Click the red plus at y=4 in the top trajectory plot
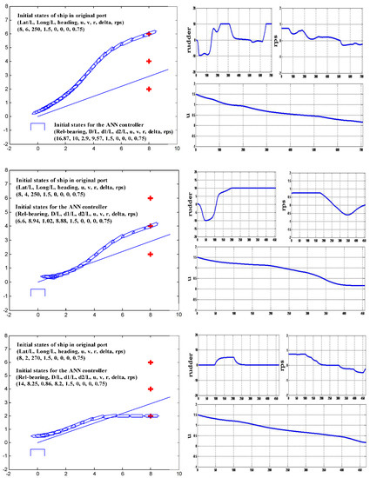pos(149,62)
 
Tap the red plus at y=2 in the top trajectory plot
pos(149,89)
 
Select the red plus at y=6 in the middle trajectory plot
pos(149,198)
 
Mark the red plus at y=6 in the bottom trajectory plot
pos(149,362)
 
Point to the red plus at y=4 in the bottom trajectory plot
pos(149,388)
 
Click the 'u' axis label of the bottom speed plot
pos(191,434)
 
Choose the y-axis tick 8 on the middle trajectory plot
pos(12,171)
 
